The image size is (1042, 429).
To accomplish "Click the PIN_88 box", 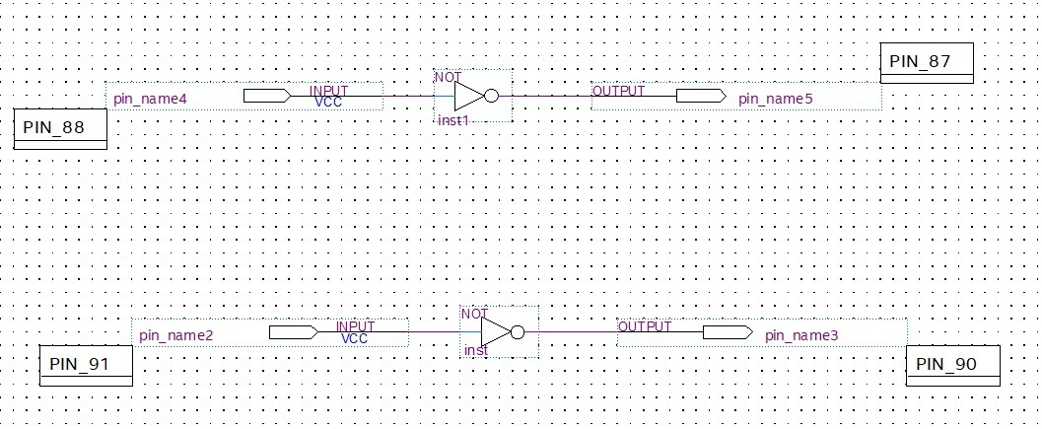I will pyautogui.click(x=59, y=129).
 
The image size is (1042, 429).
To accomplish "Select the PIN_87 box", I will pyautogui.click(x=926, y=62).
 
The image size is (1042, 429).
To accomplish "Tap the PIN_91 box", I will pyautogui.click(x=86, y=365).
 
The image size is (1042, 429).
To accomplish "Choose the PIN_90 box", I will pyautogui.click(x=951, y=365).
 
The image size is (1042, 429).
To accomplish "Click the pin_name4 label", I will pyautogui.click(x=150, y=99).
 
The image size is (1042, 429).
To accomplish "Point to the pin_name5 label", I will pyautogui.click(x=776, y=99).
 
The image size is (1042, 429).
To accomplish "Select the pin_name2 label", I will pyautogui.click(x=176, y=335).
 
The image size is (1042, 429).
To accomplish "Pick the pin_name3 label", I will pyautogui.click(x=801, y=335).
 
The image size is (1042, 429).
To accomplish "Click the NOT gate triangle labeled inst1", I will pyautogui.click(x=468, y=97).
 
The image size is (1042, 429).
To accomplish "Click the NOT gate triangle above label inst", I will pyautogui.click(x=495, y=332).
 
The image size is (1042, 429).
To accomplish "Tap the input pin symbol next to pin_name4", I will pyautogui.click(x=265, y=96).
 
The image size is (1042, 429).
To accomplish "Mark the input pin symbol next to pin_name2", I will pyautogui.click(x=292, y=332).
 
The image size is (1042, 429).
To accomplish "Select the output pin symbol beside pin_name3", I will pyautogui.click(x=728, y=332).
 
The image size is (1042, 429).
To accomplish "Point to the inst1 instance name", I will pyautogui.click(x=452, y=119).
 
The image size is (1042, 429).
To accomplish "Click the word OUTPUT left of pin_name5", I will pyautogui.click(x=618, y=91).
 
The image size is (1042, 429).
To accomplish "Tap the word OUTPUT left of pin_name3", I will pyautogui.click(x=645, y=326).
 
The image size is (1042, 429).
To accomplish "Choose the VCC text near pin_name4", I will pyautogui.click(x=328, y=102).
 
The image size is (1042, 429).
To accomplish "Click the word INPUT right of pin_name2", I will pyautogui.click(x=355, y=326).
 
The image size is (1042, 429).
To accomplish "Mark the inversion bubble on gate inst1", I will pyautogui.click(x=492, y=97).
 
